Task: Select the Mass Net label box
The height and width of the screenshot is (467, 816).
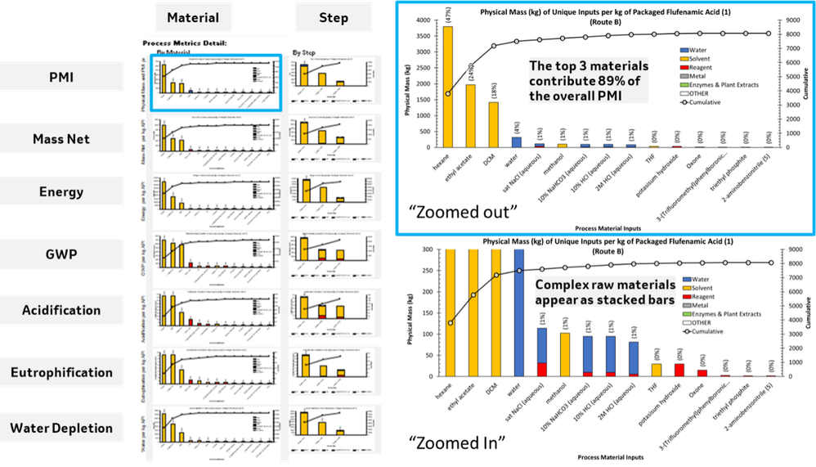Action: pos(56,139)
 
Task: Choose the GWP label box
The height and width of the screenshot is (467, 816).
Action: pos(56,254)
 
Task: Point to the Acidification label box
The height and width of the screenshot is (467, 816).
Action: pos(56,311)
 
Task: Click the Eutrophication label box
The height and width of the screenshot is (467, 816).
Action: pos(56,372)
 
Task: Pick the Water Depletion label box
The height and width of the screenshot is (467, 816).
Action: pos(56,428)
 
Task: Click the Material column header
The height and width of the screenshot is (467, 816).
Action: pos(193,17)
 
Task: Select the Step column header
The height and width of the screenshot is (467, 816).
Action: pos(333,17)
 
